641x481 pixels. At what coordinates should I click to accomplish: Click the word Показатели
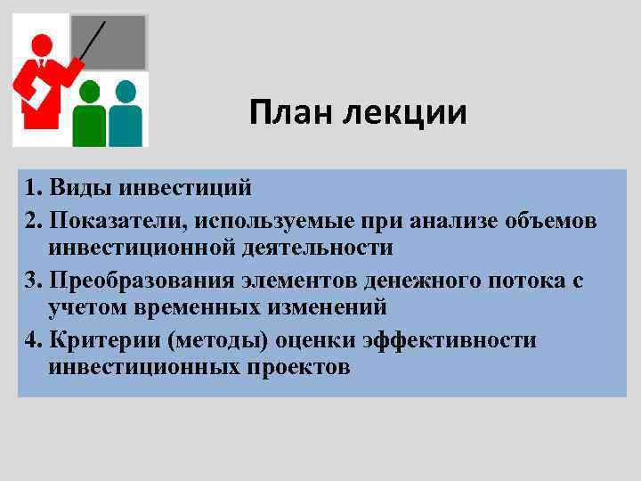pos(121,219)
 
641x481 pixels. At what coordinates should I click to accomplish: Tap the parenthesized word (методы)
pos(231,340)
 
